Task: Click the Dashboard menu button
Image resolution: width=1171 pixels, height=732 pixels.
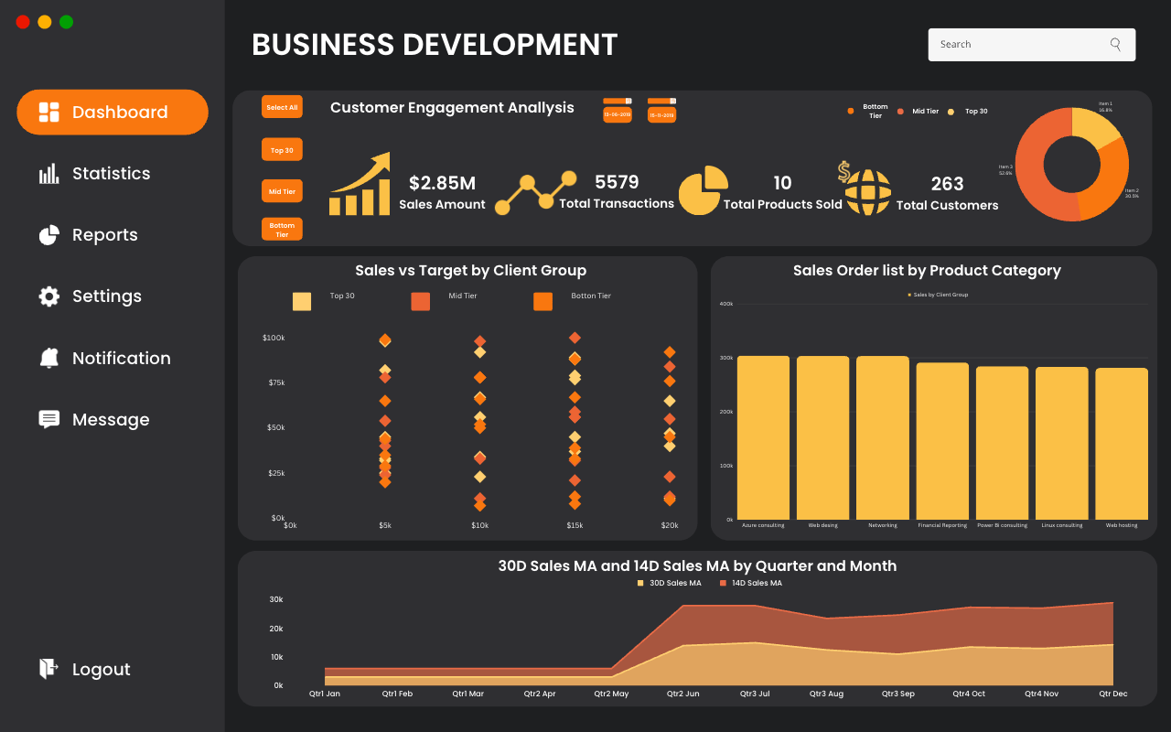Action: (113, 113)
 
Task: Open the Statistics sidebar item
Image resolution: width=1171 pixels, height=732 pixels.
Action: (95, 174)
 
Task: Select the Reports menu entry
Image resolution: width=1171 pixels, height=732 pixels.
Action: (89, 235)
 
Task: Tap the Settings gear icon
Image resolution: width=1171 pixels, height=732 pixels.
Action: (49, 296)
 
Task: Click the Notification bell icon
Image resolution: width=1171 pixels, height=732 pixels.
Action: (49, 358)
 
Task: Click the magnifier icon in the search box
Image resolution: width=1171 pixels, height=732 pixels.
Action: (1115, 44)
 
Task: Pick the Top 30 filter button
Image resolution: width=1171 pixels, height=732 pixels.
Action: (282, 150)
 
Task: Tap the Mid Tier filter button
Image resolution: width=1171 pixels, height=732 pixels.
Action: (282, 192)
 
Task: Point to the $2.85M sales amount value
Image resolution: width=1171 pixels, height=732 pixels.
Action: (442, 183)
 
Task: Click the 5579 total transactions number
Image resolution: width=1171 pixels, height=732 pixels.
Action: (617, 182)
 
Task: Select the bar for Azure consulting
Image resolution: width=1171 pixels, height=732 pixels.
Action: (763, 437)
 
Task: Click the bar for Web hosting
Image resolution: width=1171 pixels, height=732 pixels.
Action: (1121, 443)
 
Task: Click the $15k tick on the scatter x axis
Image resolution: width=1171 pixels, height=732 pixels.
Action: (575, 525)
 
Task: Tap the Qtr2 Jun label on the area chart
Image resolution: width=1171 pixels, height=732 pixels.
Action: (682, 694)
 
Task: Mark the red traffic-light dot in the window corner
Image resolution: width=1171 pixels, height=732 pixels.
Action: (23, 22)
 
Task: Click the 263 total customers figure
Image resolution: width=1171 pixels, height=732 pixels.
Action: (947, 184)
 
